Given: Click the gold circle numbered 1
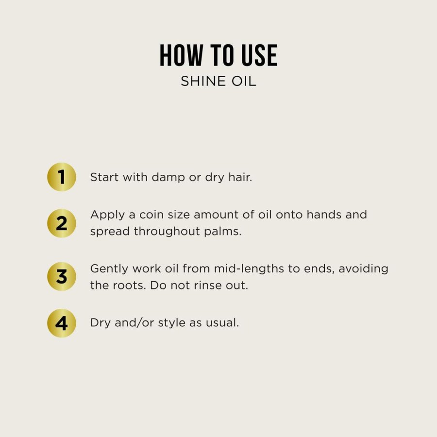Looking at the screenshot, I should click(x=62, y=177).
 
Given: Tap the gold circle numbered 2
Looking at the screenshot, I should click(x=62, y=223).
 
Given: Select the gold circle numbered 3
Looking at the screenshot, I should click(x=62, y=277).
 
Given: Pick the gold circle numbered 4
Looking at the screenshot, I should click(x=62, y=323).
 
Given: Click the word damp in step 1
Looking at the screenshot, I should click(x=168, y=178).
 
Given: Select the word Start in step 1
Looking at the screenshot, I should click(x=104, y=177).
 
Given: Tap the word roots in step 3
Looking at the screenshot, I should click(x=128, y=285).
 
